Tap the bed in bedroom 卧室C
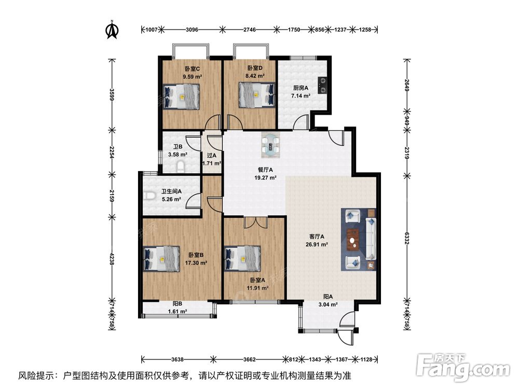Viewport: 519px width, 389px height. [182, 96]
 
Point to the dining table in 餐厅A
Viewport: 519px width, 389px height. [271, 145]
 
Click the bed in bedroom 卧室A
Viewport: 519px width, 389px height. [242, 258]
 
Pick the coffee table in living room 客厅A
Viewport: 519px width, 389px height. [354, 239]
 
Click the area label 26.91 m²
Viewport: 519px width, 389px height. [317, 244]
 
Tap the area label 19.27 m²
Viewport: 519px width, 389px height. [265, 177]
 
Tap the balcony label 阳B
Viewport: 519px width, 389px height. [177, 304]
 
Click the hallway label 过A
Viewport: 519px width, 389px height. [211, 155]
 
